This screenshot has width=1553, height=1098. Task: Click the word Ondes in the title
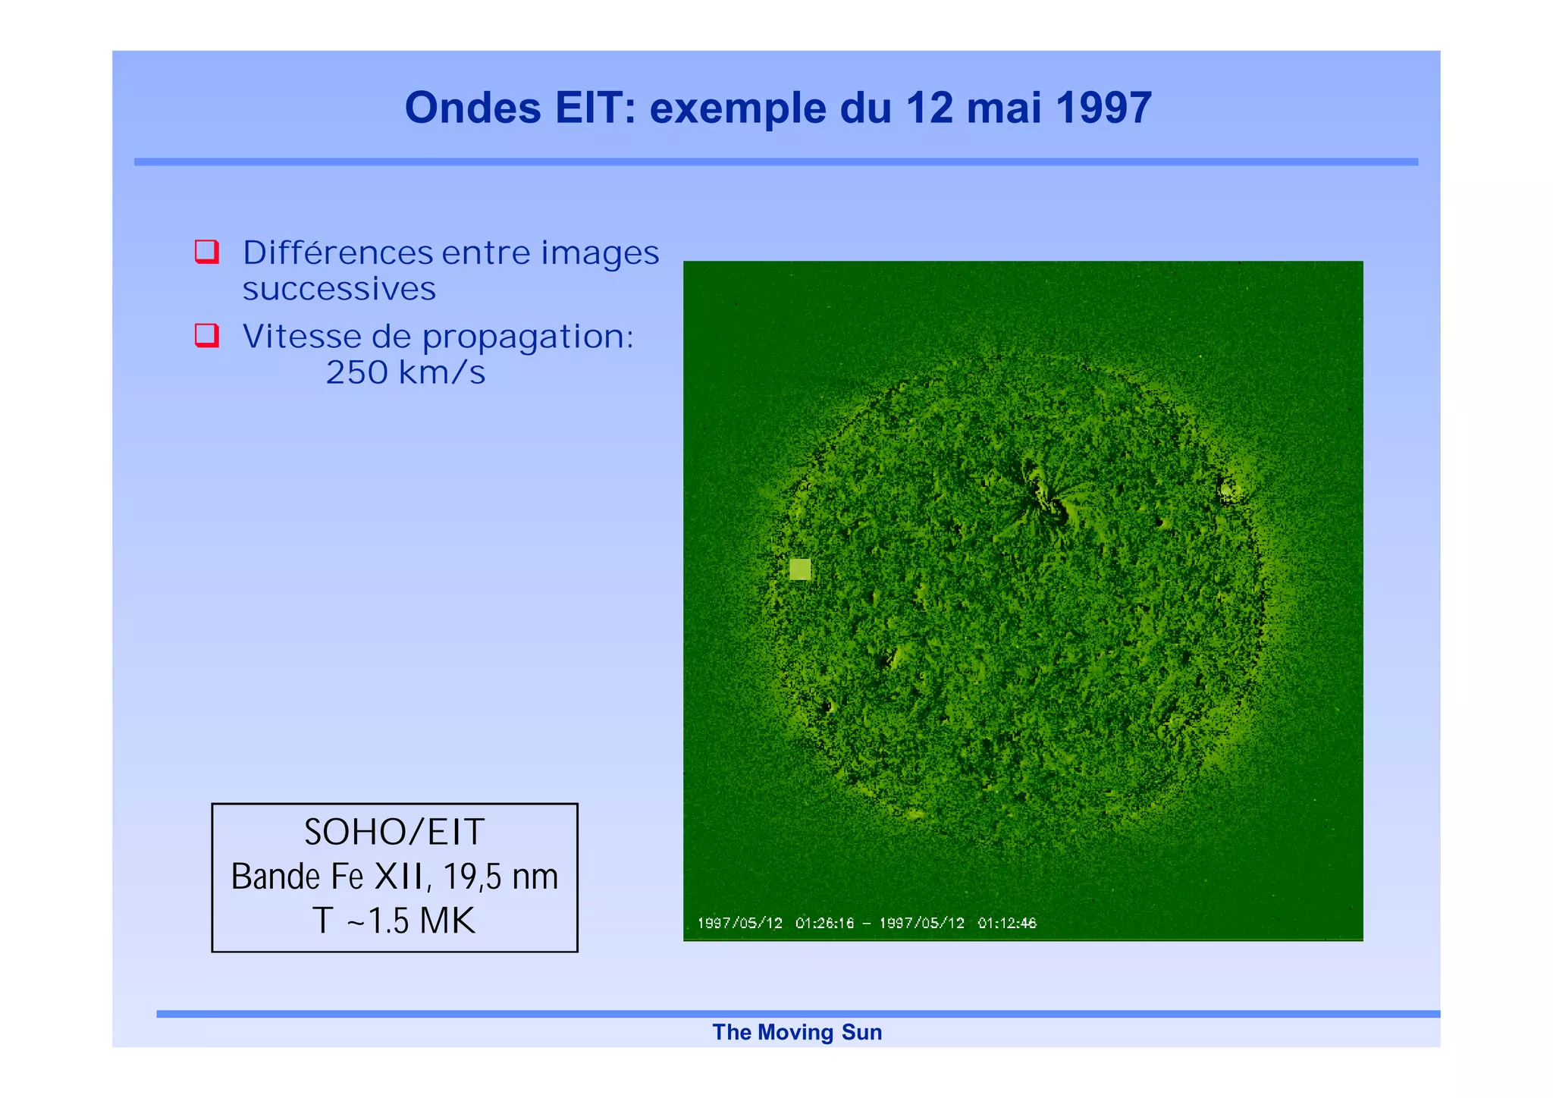(472, 108)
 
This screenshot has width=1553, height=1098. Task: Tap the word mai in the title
(1004, 108)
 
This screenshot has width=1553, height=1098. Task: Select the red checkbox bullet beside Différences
(207, 252)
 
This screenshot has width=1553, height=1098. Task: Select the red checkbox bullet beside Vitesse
(207, 335)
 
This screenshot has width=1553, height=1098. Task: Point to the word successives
(339, 289)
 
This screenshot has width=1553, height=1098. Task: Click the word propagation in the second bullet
(527, 337)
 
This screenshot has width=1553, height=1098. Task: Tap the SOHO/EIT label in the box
(394, 832)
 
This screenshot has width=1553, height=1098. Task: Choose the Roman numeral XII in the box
(399, 877)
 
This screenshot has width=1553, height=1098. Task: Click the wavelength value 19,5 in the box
(472, 877)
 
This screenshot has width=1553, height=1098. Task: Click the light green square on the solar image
(800, 569)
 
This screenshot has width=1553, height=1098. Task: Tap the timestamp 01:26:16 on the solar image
(824, 923)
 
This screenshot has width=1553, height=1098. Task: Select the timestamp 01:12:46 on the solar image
(1006, 923)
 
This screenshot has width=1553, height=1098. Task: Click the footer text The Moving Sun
(797, 1032)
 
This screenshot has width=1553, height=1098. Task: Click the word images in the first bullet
(600, 253)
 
